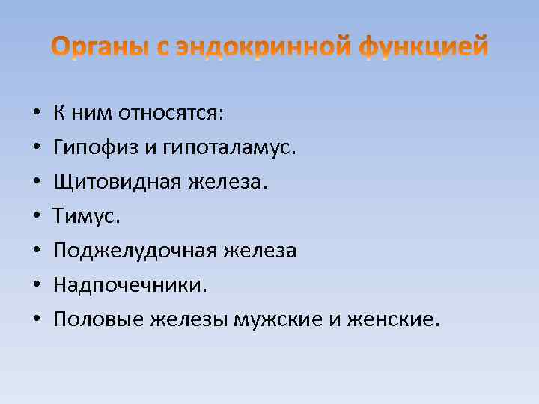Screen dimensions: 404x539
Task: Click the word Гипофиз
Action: point(92,148)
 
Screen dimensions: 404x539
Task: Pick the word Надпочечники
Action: point(130,286)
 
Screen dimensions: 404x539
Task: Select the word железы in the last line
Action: point(191,320)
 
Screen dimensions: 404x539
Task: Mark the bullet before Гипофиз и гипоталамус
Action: point(37,149)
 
